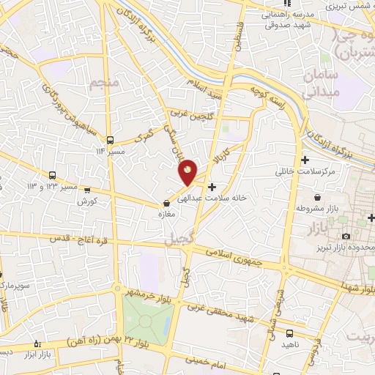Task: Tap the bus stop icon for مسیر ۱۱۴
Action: (110, 140)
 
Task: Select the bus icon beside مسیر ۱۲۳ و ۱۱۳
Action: (52, 175)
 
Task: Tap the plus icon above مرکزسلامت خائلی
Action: (305, 160)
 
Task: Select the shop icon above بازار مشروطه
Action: (317, 198)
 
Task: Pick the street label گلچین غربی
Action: (188, 114)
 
